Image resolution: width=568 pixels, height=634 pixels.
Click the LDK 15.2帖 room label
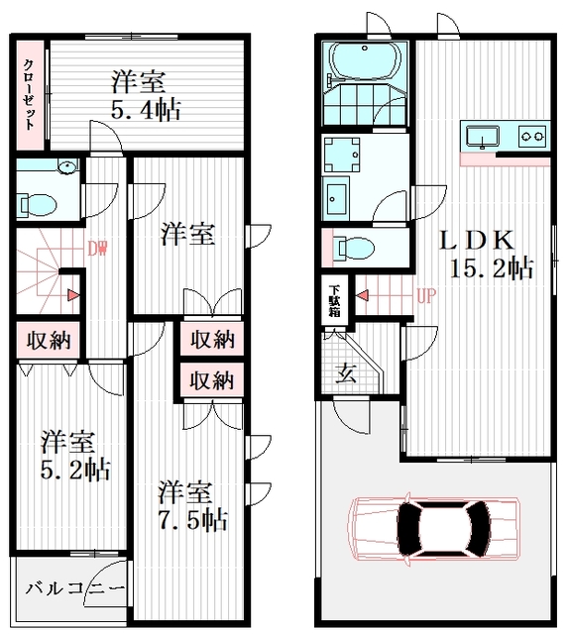coord(487,255)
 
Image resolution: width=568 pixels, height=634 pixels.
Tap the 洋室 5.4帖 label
coord(146,95)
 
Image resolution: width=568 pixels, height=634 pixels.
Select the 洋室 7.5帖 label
coord(192,505)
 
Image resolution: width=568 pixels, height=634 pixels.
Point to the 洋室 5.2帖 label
coord(75,456)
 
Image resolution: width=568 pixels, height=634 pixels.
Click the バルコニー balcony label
coord(75,587)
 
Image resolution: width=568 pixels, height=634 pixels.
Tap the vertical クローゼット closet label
coord(29,94)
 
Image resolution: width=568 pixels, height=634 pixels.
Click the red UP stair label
coord(426,296)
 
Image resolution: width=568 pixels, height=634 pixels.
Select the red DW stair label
coord(98,249)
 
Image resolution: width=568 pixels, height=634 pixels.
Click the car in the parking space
coord(434,528)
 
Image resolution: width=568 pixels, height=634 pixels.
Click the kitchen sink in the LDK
coord(482,137)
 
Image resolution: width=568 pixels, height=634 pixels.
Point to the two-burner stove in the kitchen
coord(532,137)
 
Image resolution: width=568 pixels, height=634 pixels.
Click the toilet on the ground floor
coord(355,248)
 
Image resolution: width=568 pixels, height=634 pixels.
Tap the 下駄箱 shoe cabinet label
coord(335,301)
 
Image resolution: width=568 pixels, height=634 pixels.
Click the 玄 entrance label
coord(346,372)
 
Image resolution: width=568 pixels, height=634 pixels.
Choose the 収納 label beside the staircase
coord(49,341)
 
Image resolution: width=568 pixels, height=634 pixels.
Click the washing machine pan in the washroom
coord(342,155)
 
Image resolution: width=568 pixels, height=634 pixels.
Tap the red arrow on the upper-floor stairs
coord(73,295)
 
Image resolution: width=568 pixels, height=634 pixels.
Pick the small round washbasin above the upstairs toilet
coord(67,166)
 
